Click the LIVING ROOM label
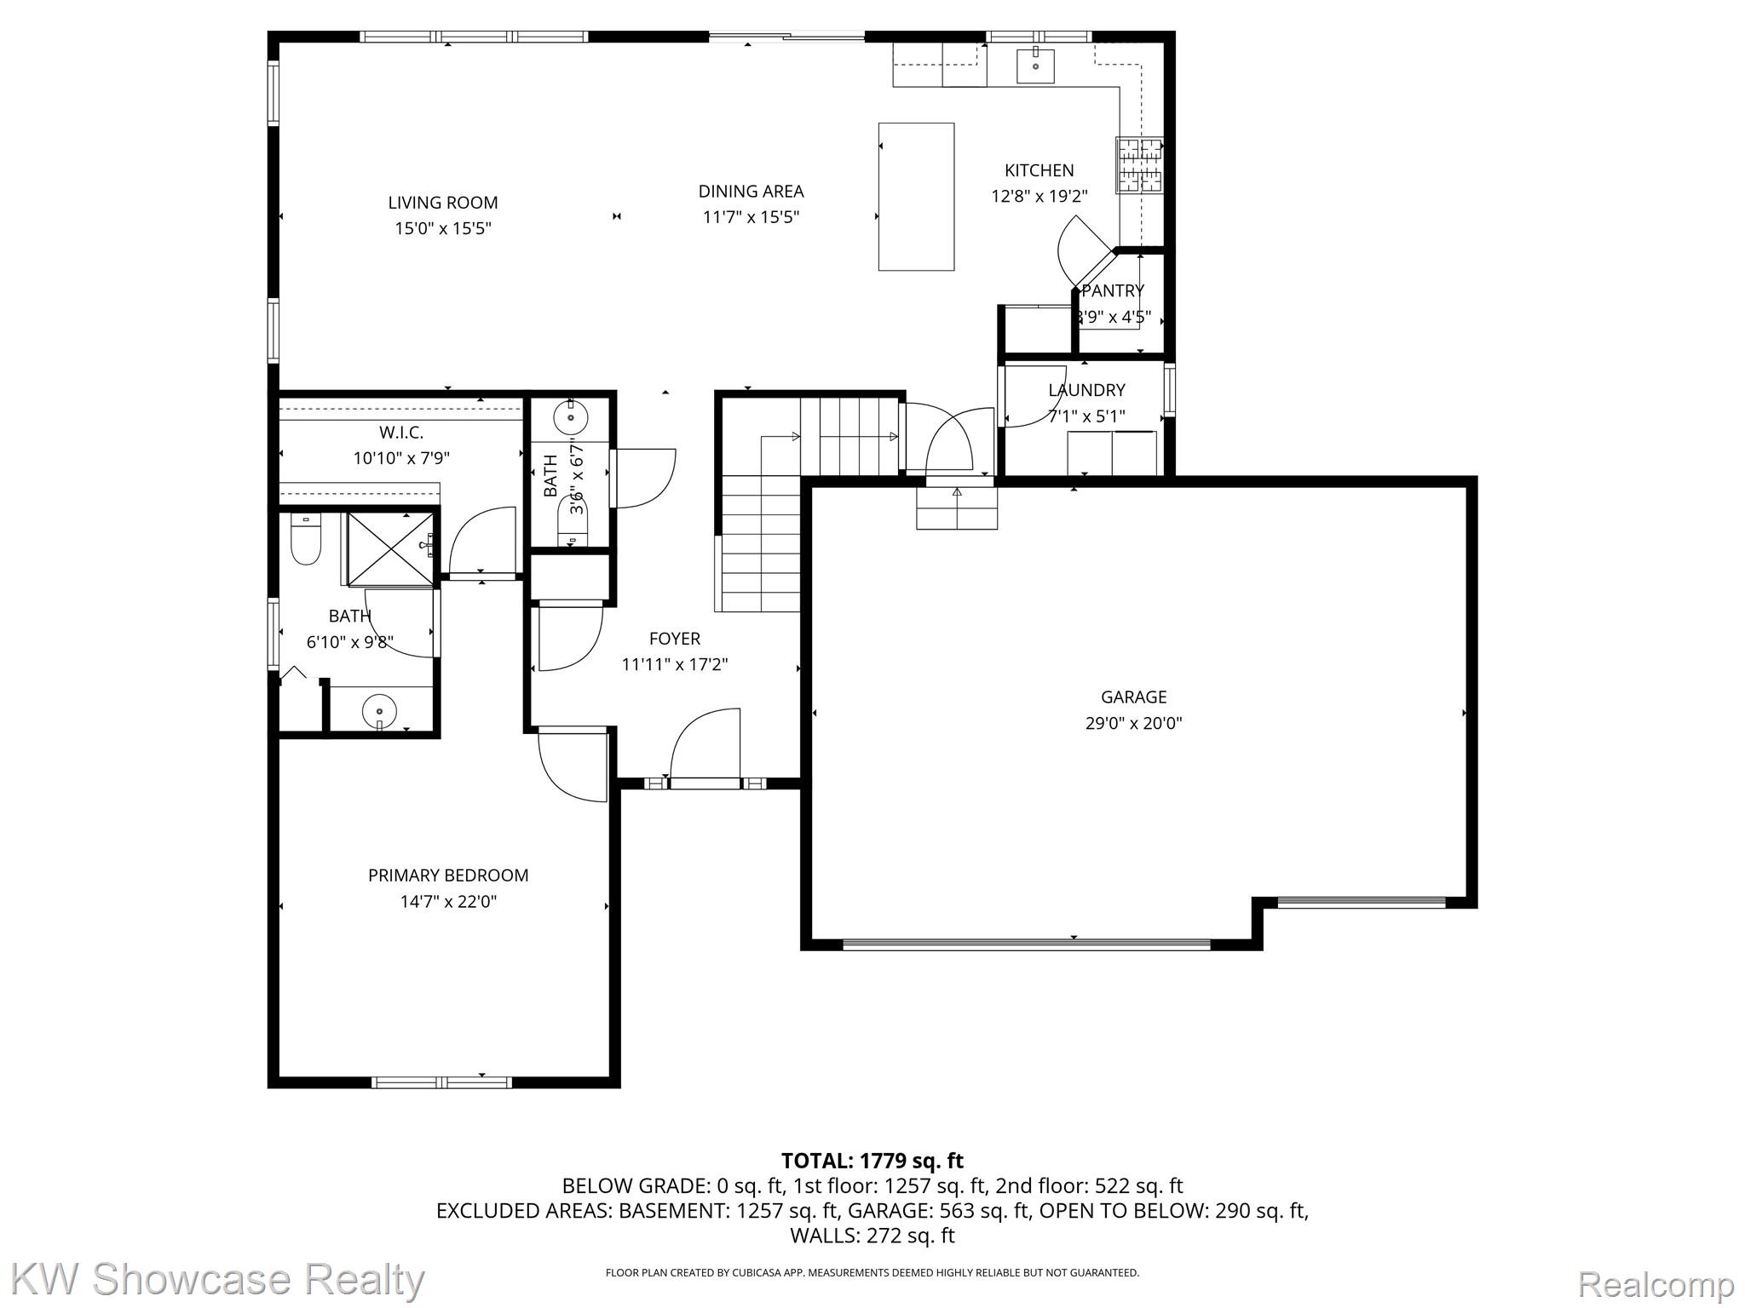coord(442,203)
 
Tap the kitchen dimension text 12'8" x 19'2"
coord(1039,197)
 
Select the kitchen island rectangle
coord(916,197)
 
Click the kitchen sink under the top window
coord(1035,66)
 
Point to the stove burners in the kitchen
coord(1140,164)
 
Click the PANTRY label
coord(1112,291)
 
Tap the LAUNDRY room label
coord(1086,390)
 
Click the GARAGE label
coord(1133,697)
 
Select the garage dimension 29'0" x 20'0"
coord(1133,724)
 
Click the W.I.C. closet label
coord(401,433)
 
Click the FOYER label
coord(674,639)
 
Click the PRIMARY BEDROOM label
coord(448,875)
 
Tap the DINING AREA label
coord(751,192)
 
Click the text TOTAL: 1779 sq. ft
coord(872,1161)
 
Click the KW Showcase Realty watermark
coord(218,1281)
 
